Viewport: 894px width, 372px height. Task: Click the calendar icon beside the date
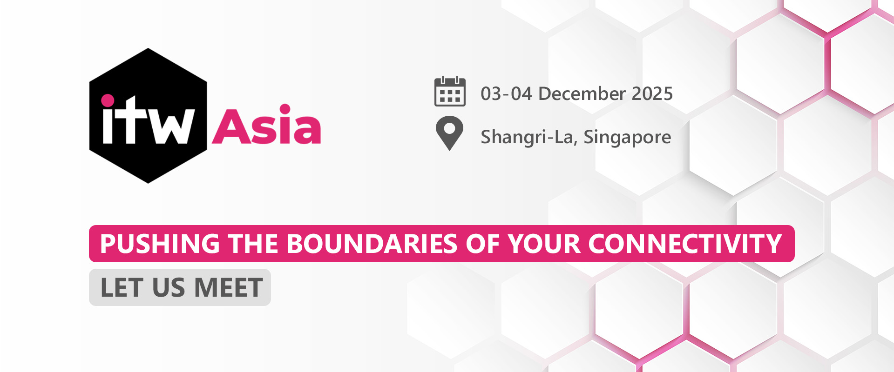450,91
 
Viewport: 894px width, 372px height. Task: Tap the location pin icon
449,133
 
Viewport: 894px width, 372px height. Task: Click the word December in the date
582,94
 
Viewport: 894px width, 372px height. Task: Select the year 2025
652,94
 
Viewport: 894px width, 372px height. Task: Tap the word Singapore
627,138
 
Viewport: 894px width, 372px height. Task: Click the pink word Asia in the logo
267,124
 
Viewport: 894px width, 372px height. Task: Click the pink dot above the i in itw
108,100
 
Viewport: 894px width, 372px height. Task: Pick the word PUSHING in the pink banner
160,244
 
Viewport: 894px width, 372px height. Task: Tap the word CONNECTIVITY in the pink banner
685,244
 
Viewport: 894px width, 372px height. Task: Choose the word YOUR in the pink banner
544,244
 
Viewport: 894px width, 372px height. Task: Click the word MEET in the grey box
229,287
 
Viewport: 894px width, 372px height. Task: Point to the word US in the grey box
169,287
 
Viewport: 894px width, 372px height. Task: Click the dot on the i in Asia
285,109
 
